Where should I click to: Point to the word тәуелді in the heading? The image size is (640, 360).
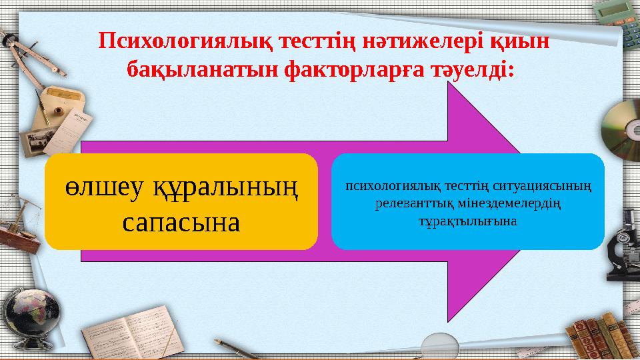473,69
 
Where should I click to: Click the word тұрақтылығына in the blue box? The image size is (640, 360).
467,219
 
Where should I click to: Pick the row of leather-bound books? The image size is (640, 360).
597,333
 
